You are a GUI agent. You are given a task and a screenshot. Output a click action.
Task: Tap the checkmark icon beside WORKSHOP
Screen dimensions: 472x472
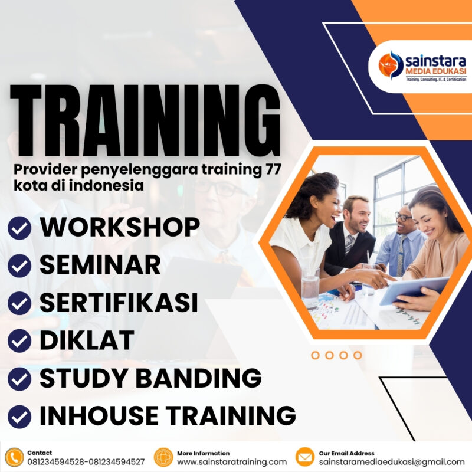coord(21,228)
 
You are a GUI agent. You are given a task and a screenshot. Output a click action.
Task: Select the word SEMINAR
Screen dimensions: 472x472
coord(100,265)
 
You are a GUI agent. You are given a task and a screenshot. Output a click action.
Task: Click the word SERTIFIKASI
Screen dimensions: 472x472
coord(118,303)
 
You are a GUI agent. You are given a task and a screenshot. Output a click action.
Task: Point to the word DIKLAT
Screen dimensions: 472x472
coord(87,340)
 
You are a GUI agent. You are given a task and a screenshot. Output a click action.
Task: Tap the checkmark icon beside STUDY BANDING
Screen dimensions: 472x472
coord(21,378)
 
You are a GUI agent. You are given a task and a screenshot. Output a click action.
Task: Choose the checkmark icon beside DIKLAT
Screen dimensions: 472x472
coord(21,340)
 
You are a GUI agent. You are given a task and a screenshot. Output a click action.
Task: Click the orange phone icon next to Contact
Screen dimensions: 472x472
coord(14,457)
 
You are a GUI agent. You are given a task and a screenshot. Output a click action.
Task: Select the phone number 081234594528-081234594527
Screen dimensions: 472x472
coord(86,462)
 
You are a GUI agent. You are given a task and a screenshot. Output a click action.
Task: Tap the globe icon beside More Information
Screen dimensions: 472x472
coord(163,457)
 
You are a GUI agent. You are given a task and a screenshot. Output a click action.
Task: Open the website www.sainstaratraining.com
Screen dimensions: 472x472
coord(232,462)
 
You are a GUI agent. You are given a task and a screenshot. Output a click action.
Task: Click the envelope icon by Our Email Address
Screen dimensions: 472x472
coord(305,457)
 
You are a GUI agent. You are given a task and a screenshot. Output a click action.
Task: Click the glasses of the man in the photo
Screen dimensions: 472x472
coord(404,217)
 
